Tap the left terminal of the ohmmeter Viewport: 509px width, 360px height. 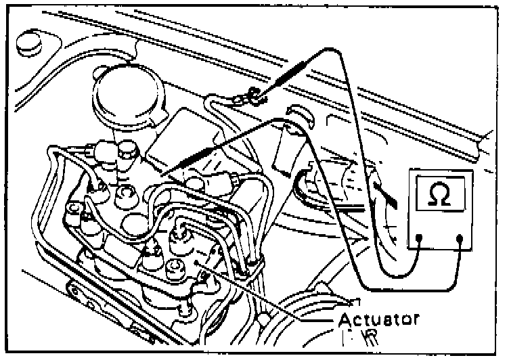point(420,238)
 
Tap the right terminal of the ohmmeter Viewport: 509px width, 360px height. point(460,238)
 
